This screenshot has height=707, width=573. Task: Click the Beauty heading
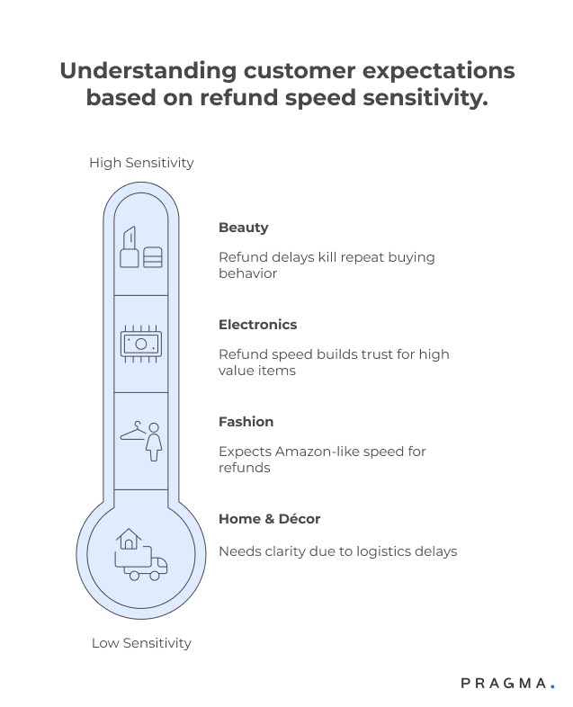(x=243, y=228)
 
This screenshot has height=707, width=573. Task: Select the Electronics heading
(x=257, y=325)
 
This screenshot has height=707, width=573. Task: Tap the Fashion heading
(x=246, y=422)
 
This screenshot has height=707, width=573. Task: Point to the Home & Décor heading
(x=269, y=519)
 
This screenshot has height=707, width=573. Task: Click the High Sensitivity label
(x=141, y=163)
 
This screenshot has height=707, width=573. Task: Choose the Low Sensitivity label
(x=141, y=643)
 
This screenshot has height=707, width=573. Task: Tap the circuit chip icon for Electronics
(x=141, y=343)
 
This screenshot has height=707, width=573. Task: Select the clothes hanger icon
(x=133, y=434)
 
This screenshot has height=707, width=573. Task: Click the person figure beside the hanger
(x=155, y=441)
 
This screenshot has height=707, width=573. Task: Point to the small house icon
(x=130, y=539)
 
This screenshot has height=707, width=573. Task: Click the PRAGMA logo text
(x=503, y=684)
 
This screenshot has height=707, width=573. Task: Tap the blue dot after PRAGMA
(x=552, y=687)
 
